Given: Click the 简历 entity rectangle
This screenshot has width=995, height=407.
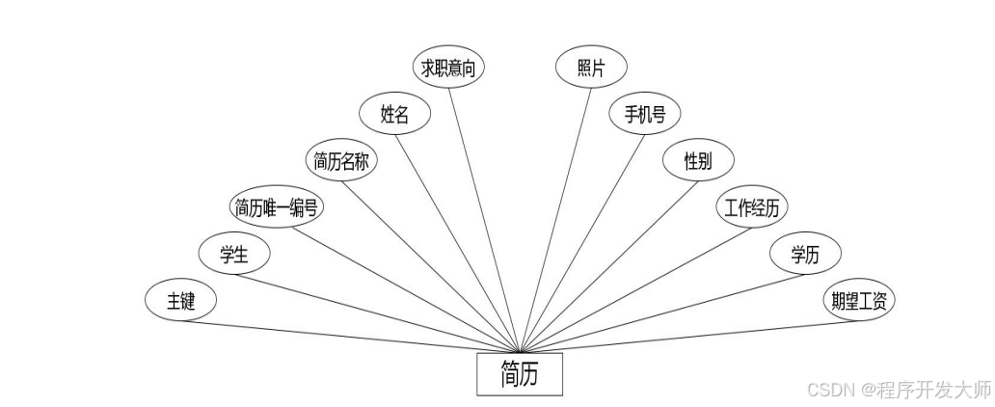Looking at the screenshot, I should (x=520, y=374).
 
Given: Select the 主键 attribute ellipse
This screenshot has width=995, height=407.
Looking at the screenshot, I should (x=180, y=301).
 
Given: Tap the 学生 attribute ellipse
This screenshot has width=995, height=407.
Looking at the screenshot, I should (x=234, y=255).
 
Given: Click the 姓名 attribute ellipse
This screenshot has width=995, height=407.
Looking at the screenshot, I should (x=394, y=115).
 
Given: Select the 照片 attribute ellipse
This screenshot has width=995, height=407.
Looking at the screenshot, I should (x=591, y=68).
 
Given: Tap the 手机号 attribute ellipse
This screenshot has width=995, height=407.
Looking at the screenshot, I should (x=644, y=115).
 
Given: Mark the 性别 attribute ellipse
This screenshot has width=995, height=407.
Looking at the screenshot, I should (x=697, y=161).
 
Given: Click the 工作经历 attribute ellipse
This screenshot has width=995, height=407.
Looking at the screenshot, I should (x=751, y=207).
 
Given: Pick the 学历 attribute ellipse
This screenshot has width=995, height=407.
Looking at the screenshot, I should (x=805, y=255).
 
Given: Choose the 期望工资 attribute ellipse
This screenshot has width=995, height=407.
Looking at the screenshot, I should (x=858, y=301).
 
